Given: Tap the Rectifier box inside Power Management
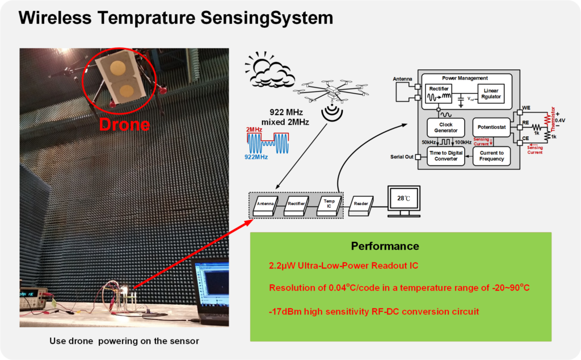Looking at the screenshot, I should point(440,94).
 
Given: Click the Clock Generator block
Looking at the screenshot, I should point(445,127).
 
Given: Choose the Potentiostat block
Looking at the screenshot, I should point(491,127).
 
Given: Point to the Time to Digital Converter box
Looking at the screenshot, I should point(445,156).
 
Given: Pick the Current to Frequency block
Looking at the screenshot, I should point(491,156).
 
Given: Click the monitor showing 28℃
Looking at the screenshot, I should point(403,199).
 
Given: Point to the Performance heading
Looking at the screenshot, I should point(385,246).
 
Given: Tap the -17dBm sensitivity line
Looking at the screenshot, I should point(374,311).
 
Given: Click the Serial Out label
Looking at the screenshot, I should point(401,157).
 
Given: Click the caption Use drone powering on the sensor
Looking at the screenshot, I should point(124,341).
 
